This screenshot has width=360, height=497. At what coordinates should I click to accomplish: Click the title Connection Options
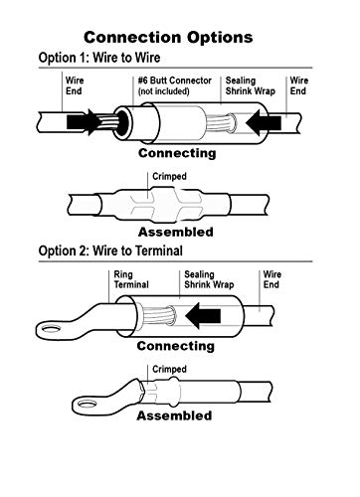click(x=179, y=38)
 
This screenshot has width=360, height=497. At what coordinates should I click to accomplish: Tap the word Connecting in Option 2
click(x=176, y=347)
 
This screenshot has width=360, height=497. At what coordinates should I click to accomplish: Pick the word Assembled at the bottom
click(x=175, y=415)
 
